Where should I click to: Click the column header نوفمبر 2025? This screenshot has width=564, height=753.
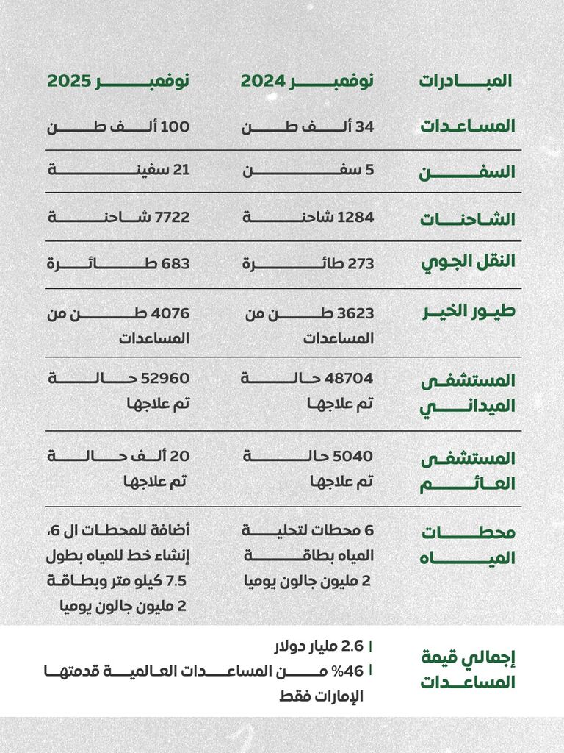click(118, 81)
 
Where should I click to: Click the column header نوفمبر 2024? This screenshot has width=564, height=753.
click(307, 81)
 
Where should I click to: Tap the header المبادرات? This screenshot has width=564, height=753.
click(466, 81)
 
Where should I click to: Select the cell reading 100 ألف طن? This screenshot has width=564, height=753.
click(118, 126)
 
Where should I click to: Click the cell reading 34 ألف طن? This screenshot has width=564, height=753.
click(308, 126)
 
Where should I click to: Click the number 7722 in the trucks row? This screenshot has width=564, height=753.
click(172, 217)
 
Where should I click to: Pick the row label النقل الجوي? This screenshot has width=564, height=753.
click(467, 262)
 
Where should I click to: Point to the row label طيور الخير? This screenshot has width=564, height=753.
click(469, 310)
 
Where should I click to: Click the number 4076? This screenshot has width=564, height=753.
click(172, 313)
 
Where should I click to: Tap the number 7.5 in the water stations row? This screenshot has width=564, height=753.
click(177, 581)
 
